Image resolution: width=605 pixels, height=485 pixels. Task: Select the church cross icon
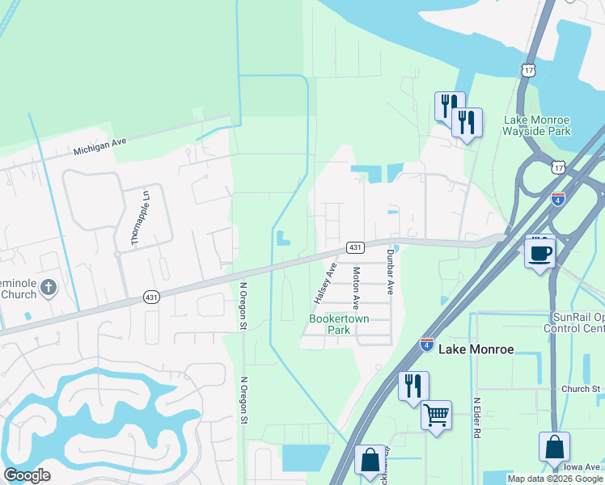click(x=48, y=287)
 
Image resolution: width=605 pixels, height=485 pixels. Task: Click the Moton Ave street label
click(x=354, y=289)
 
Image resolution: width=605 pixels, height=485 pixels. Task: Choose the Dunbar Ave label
click(x=389, y=271)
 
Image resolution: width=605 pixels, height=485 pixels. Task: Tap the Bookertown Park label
click(x=340, y=324)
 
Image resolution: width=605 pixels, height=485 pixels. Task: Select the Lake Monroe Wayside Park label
click(x=536, y=124)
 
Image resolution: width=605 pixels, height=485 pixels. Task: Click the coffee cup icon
click(x=539, y=252)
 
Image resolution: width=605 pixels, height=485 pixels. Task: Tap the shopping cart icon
click(x=437, y=415)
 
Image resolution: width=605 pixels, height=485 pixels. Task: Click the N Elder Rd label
click(x=477, y=418)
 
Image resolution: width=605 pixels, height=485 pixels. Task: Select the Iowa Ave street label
click(x=582, y=466)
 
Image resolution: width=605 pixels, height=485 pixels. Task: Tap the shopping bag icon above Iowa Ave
click(x=554, y=447)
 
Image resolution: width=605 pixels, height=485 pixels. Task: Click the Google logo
click(x=27, y=475)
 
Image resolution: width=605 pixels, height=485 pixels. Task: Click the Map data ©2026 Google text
click(x=556, y=479)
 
